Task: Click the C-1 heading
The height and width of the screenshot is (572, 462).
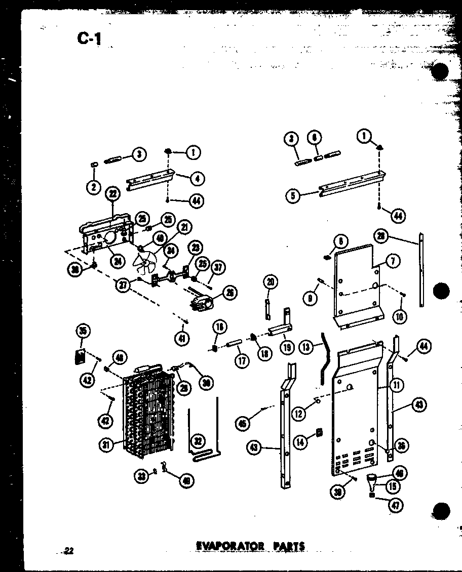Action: (x=90, y=38)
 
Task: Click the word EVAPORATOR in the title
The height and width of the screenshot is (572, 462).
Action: (x=230, y=546)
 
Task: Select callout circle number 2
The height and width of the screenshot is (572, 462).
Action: (x=93, y=187)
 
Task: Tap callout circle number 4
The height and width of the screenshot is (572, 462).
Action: (x=198, y=178)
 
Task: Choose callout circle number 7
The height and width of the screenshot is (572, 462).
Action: (x=393, y=261)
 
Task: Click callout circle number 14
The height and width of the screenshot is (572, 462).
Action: (x=301, y=442)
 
